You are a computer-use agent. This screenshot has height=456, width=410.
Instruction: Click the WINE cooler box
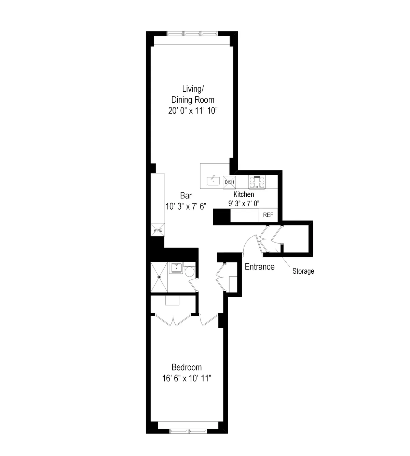[x=158, y=230]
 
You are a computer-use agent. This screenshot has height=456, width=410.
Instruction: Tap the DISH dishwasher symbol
[x=229, y=182]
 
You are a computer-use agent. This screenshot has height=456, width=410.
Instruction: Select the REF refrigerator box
[x=268, y=216]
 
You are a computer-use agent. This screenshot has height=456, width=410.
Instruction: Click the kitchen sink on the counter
[x=213, y=180]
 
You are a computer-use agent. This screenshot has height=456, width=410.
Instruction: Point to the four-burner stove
[x=257, y=182]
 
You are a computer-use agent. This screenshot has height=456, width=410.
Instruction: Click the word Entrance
[x=260, y=267]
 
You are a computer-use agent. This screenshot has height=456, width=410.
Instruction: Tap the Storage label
[x=303, y=271]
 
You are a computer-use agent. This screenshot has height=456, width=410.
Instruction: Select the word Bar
[x=186, y=196]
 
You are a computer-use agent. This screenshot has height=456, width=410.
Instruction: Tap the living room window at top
[x=192, y=34]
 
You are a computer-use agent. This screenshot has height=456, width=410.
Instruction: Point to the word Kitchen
[x=244, y=194]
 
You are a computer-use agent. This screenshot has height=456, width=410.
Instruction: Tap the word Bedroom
[x=187, y=367]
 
